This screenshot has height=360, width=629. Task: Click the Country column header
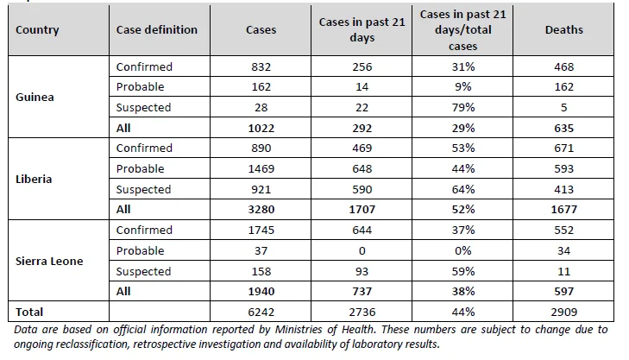[37, 29]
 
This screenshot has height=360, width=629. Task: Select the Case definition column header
[157, 29]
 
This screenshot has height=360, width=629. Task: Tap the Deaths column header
[563, 29]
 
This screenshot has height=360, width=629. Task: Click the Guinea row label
[35, 98]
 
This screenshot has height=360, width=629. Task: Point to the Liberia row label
[34, 179]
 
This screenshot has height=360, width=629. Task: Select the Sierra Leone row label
[49, 261]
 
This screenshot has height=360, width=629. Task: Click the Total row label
[29, 312]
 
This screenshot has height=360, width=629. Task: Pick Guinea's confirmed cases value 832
[261, 66]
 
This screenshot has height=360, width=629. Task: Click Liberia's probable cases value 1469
[261, 168]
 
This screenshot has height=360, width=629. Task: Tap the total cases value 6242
[261, 312]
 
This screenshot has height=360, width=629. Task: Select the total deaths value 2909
[563, 312]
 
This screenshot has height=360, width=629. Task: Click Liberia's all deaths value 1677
[563, 210]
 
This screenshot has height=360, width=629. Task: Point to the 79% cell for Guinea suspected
[463, 108]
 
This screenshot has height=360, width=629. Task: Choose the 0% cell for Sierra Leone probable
[463, 251]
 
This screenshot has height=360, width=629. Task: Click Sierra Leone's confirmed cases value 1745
[261, 230]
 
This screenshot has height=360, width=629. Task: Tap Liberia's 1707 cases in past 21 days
[362, 210]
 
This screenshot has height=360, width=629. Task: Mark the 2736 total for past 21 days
[362, 312]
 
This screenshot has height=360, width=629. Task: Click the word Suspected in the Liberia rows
[143, 189]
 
